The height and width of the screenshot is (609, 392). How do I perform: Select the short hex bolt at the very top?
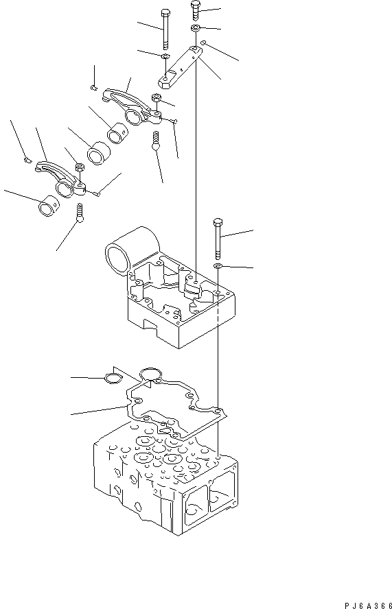pos(195,11)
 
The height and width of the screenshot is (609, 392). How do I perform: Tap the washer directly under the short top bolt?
pos(196,28)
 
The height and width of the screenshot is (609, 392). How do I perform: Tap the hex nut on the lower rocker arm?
pos(78,166)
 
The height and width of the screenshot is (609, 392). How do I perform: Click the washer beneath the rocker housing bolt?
pos(218,265)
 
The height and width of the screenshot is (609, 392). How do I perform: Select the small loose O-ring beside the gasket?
pos(112,378)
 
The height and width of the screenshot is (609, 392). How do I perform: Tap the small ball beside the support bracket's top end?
pos(205,43)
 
